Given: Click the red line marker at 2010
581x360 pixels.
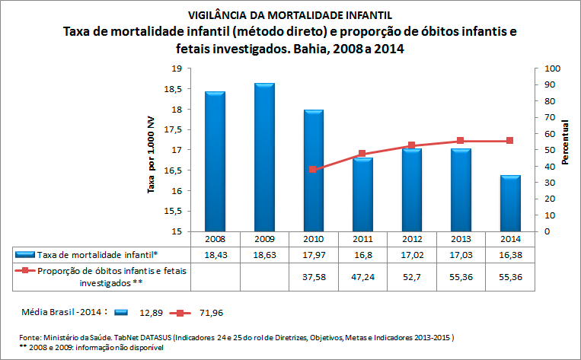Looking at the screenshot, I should tap(313, 169).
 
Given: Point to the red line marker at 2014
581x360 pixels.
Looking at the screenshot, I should tap(509, 141).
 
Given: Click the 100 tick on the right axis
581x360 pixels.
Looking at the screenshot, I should tap(551, 68).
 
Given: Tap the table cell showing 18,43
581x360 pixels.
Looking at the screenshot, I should tap(215, 253).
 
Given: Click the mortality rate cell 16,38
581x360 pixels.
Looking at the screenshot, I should tap(509, 253).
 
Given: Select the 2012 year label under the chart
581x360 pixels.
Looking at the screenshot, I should tap(411, 238).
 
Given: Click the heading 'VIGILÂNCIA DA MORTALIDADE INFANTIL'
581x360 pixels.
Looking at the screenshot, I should tap(291, 15).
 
